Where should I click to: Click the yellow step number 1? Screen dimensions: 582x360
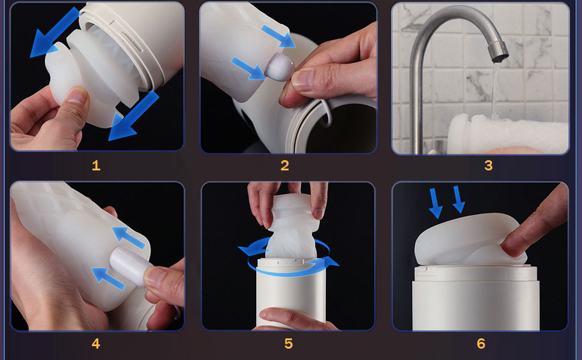click(x=96, y=166)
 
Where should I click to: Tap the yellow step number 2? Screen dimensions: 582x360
click(x=284, y=166)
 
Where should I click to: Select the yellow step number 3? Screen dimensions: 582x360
click(x=488, y=166)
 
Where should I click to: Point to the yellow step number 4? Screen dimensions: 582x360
click(x=96, y=343)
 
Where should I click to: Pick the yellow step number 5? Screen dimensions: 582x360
click(x=289, y=343)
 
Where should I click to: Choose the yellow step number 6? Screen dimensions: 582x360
click(x=481, y=343)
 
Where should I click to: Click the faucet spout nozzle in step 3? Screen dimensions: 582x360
click(x=498, y=52)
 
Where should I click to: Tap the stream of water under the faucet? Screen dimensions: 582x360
click(x=495, y=89)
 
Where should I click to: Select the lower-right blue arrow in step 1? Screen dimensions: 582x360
click(x=134, y=116)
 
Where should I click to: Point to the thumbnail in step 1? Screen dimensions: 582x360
click(x=77, y=96)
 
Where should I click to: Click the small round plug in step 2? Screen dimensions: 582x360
click(x=280, y=67)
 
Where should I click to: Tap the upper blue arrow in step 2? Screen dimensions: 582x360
click(x=278, y=37)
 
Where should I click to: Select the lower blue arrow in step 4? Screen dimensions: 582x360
click(x=108, y=279)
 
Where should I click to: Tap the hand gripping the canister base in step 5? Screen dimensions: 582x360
click(x=293, y=319)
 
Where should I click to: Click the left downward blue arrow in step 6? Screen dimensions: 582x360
click(x=434, y=203)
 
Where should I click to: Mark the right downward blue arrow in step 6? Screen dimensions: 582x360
click(x=459, y=199)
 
